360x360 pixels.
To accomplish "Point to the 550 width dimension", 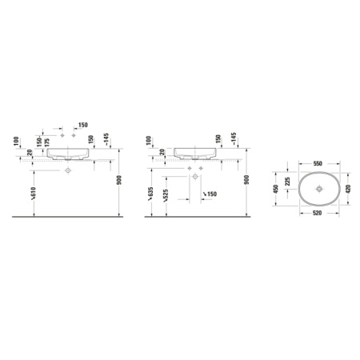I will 318,162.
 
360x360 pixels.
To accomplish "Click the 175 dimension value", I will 47,141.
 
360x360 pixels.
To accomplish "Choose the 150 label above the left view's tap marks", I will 82,126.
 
